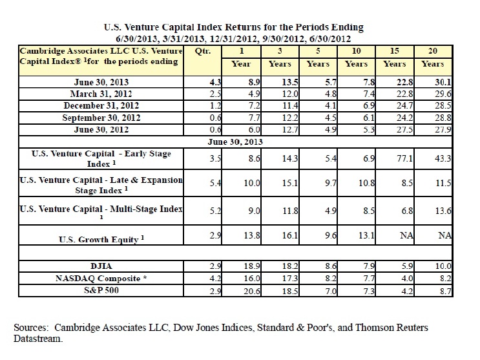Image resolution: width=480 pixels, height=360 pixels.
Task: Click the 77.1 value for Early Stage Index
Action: [406, 157]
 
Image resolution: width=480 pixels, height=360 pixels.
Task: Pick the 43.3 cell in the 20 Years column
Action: [443, 157]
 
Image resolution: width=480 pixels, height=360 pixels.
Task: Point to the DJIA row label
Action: [101, 265]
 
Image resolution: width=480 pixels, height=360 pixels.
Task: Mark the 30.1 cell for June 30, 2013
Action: [443, 82]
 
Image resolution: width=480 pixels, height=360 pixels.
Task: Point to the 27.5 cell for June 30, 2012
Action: [406, 130]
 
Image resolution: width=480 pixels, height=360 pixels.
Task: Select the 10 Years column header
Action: [357, 57]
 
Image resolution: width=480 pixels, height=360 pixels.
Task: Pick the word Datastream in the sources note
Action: [38, 337]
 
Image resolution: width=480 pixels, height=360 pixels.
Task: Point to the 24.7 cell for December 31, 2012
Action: [406, 106]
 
